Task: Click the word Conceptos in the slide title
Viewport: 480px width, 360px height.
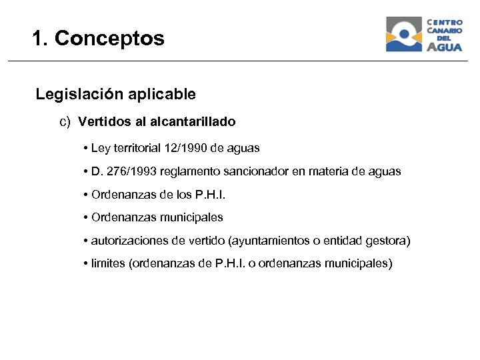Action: coord(109,39)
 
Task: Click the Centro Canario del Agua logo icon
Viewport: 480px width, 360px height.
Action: coord(404,35)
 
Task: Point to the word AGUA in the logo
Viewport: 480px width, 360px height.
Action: coord(444,47)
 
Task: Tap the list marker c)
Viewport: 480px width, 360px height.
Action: coord(65,122)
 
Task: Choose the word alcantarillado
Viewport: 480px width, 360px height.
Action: coord(193,122)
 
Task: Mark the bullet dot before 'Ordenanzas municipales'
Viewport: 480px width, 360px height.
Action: coord(87,217)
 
